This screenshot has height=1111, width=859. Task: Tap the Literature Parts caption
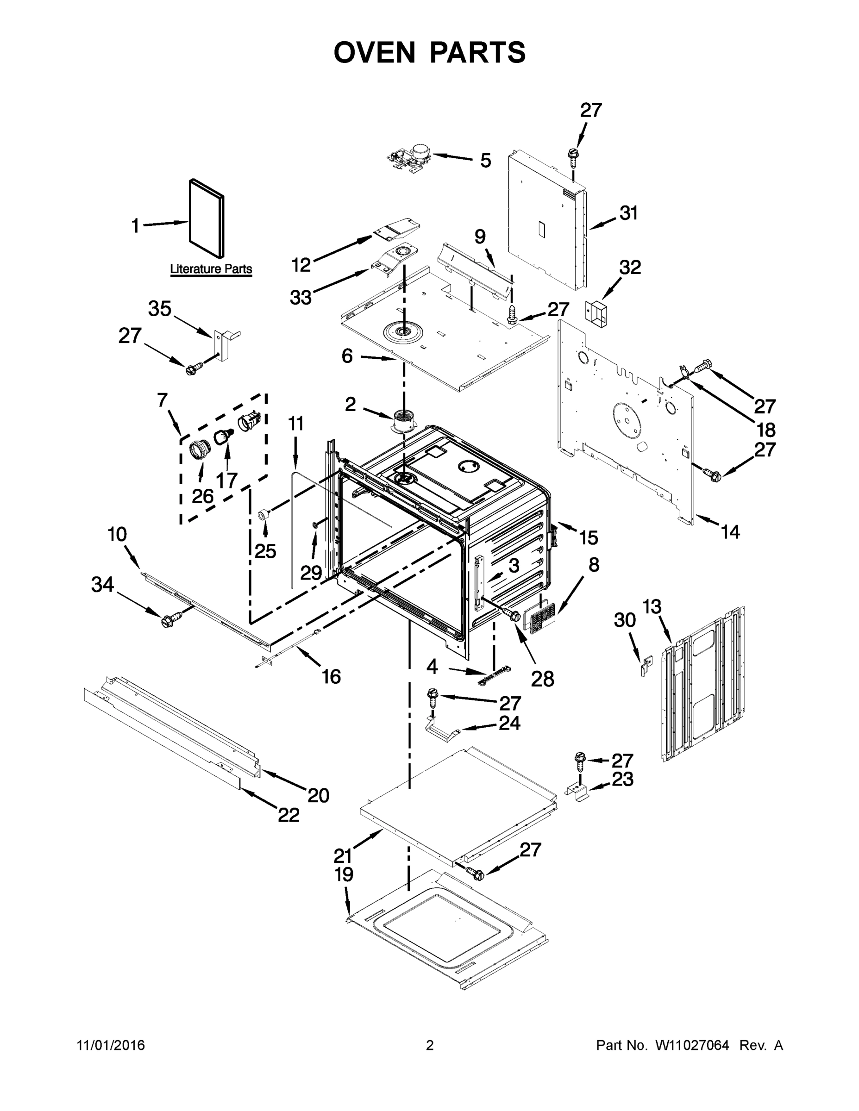coord(211,268)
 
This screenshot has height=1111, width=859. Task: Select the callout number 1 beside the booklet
coord(135,225)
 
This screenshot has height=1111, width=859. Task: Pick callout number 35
coord(160,309)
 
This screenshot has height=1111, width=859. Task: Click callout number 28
coord(542,678)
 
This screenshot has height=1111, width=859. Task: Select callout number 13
coord(652,606)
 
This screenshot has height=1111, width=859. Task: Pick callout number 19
coord(344,874)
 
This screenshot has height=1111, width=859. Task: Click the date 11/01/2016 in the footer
coord(111,1045)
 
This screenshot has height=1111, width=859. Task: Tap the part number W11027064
coord(692,1045)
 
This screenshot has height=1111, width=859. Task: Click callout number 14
coord(730,532)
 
